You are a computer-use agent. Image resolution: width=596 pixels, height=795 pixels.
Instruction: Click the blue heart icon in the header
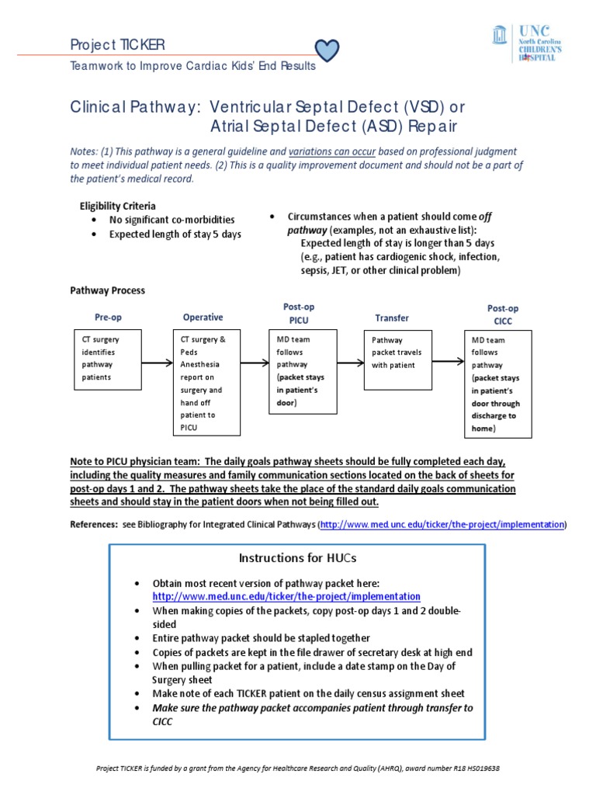(329, 49)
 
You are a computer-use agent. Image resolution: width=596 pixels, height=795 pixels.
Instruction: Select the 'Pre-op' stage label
(108, 318)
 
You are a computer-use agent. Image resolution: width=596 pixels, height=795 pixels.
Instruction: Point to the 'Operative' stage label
(203, 318)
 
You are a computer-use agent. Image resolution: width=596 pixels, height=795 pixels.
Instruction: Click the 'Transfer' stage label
(392, 318)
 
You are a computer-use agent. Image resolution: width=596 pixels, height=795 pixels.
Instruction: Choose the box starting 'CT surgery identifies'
(109, 359)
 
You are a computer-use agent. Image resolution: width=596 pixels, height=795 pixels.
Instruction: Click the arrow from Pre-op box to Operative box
(158, 362)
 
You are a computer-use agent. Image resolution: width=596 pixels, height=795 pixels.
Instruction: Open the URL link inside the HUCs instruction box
(286, 596)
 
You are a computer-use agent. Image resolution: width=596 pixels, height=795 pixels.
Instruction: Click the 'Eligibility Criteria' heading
(118, 207)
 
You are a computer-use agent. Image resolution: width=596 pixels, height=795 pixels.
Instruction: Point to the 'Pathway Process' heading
(108, 290)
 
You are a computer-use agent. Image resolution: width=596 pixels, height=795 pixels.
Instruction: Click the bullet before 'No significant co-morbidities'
(94, 220)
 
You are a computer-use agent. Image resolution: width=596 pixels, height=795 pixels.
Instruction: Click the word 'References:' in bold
(94, 525)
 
